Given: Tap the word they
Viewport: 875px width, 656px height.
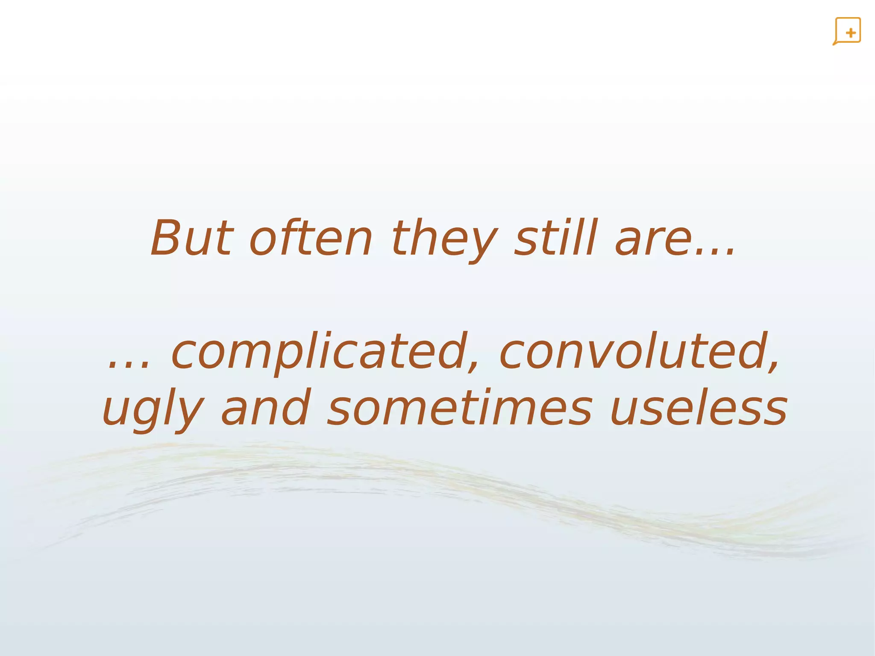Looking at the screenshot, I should [444, 239].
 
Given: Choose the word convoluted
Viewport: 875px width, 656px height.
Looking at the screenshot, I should [634, 351].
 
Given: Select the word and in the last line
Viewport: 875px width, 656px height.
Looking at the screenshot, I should [265, 408].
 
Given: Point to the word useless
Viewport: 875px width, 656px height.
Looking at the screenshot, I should [699, 409].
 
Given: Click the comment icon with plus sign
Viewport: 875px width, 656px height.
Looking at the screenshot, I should [847, 31].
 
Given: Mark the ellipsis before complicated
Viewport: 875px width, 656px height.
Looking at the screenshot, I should [129, 365].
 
